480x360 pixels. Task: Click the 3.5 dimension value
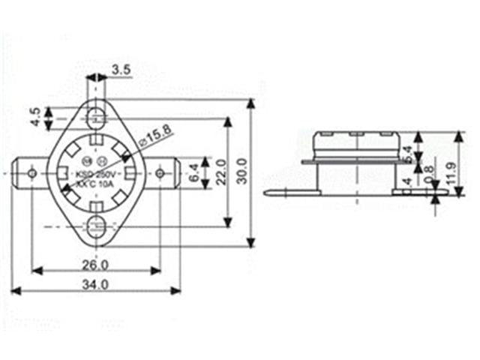[x=121, y=70]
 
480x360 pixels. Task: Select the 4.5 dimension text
[x=34, y=117]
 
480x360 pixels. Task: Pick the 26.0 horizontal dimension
[x=95, y=264]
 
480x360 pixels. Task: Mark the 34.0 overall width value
[x=95, y=285]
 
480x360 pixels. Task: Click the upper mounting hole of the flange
[x=95, y=116]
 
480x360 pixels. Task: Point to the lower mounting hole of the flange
[x=95, y=226]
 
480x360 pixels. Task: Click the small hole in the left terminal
[x=31, y=172]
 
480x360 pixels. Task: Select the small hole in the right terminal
[x=159, y=173]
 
